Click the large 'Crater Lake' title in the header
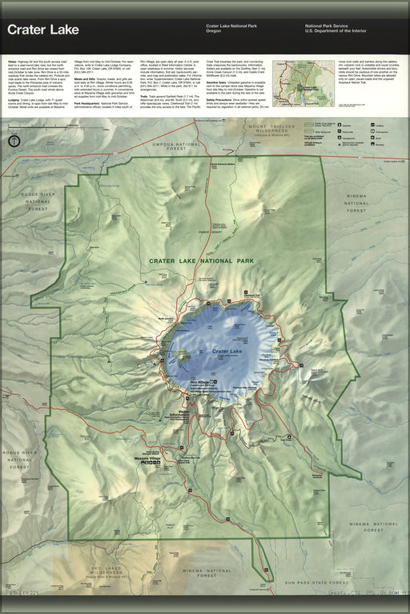click(x=44, y=30)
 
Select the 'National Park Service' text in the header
click(x=327, y=26)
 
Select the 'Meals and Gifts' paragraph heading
click(x=88, y=78)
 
